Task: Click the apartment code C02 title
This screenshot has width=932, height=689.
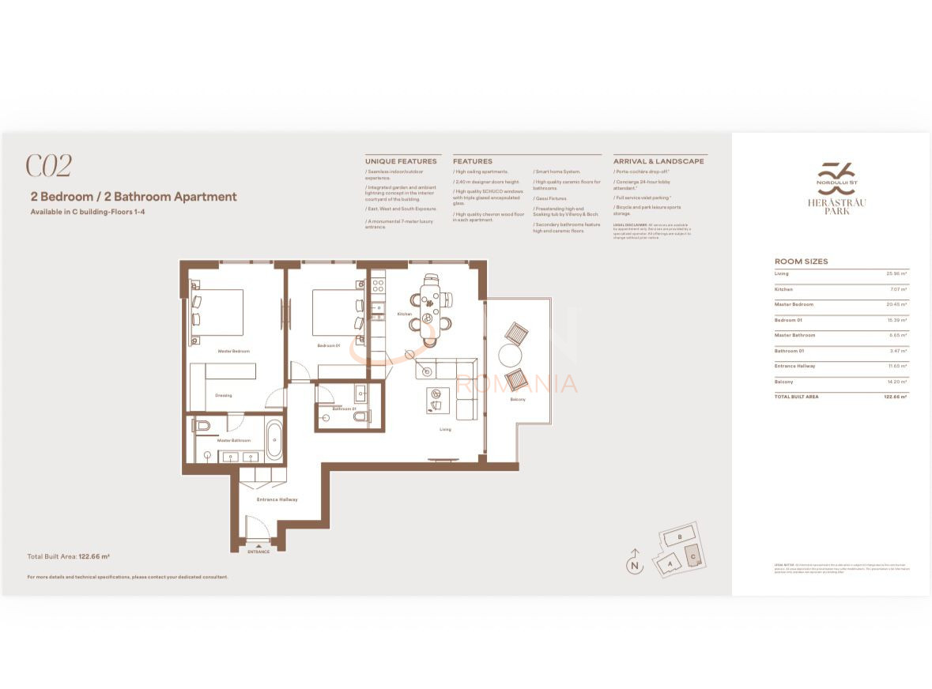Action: pos(49,166)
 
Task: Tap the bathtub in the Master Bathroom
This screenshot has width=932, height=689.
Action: pos(274,441)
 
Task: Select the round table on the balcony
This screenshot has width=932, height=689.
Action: pos(511,354)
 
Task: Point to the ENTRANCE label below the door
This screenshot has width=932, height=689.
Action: pos(258,552)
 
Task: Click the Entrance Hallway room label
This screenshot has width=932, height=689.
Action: pos(277,499)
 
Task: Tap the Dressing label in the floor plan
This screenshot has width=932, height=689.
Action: pos(224,395)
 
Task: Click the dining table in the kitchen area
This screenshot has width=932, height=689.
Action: pos(430,310)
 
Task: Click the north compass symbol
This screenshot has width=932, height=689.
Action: pos(633,564)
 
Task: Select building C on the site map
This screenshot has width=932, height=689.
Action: pos(692,555)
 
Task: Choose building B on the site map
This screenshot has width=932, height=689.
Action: pos(679,537)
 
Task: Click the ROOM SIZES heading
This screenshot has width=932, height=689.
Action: pos(801,262)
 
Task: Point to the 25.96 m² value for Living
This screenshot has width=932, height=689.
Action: pos(896,274)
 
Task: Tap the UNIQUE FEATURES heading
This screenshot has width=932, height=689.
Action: pos(401,161)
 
